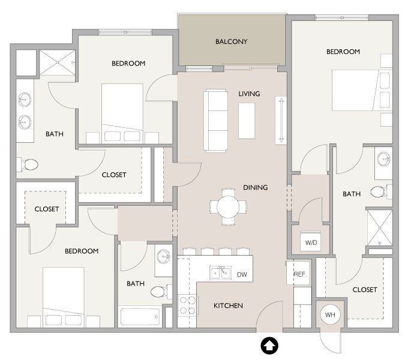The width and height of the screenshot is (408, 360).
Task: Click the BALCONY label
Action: [231, 41]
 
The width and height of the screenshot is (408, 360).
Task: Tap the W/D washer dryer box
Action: [311, 243]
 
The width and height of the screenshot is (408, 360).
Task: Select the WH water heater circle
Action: [329, 314]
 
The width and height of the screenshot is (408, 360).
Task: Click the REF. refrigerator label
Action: [300, 274]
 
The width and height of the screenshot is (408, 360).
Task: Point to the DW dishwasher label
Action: [242, 274]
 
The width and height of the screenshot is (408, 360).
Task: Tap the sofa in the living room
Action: [216, 120]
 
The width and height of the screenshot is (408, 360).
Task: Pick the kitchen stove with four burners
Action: [187, 305]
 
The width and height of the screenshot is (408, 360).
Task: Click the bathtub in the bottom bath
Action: [140, 317]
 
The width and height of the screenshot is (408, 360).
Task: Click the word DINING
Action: [255, 187]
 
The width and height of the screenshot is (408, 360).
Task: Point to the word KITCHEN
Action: [228, 306]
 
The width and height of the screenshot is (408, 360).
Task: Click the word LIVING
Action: [249, 94]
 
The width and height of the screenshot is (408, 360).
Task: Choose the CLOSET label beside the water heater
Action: [364, 290]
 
